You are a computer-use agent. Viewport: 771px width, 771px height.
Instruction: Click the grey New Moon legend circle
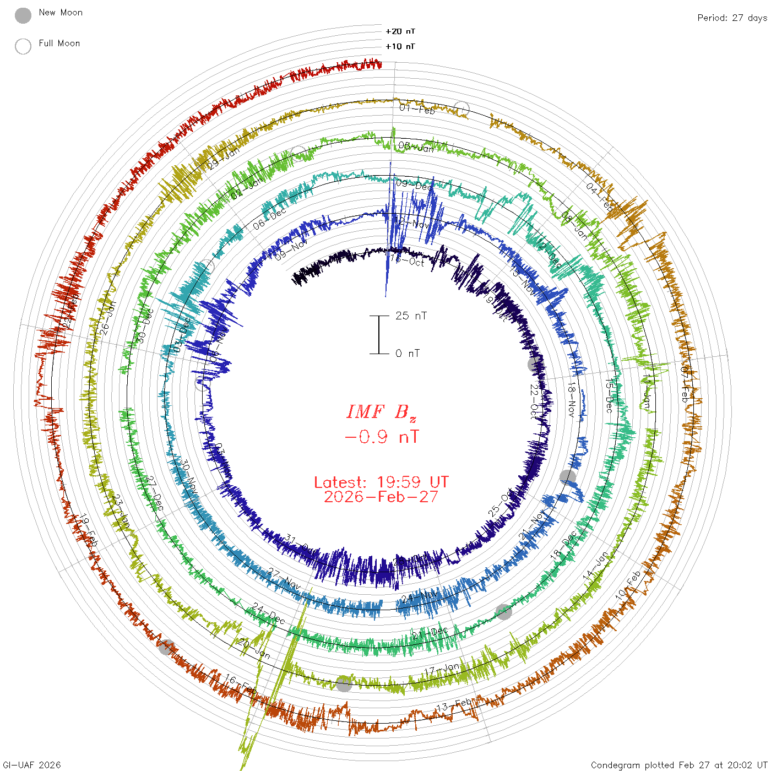click(23, 15)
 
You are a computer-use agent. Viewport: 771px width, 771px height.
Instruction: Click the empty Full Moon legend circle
click(23, 46)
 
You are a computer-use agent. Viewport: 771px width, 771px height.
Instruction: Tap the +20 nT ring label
click(400, 31)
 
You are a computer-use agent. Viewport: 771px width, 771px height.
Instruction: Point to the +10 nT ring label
click(400, 46)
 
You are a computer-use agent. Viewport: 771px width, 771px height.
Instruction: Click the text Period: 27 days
click(732, 18)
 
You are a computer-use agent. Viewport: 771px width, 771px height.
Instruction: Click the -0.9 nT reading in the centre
click(381, 437)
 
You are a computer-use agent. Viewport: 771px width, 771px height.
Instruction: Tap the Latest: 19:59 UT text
click(381, 482)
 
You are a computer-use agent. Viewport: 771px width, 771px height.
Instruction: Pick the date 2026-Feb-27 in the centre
click(381, 497)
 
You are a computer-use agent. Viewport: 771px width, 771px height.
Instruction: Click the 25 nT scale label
click(411, 316)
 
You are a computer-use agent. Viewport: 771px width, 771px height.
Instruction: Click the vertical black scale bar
click(379, 335)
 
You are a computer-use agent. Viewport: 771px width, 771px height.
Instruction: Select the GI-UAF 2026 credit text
click(32, 765)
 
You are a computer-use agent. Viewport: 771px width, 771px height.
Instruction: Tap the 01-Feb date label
click(417, 108)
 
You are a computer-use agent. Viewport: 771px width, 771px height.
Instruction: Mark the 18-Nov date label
click(572, 400)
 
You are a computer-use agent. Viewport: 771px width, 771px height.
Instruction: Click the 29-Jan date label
click(224, 158)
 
